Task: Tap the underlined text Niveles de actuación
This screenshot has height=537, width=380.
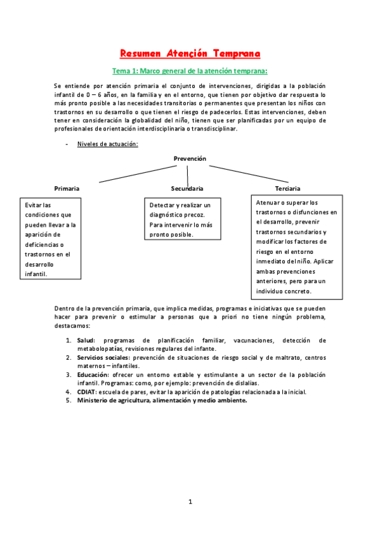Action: (x=108, y=144)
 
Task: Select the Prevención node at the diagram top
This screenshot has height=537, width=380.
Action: (x=189, y=158)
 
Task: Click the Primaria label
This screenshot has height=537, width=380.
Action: (x=67, y=189)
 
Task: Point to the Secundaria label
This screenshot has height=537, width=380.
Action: (x=187, y=189)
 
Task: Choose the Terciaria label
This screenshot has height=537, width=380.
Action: (x=288, y=189)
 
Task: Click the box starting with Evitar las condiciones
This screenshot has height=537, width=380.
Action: (x=51, y=239)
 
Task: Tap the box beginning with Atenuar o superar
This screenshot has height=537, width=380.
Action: (x=297, y=247)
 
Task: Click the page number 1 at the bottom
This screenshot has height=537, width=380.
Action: (x=190, y=502)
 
